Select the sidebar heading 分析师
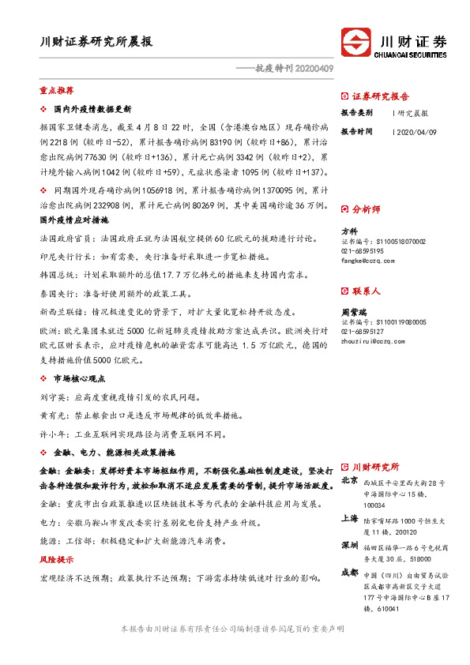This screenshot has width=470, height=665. click(x=366, y=209)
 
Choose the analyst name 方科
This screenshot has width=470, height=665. click(x=349, y=231)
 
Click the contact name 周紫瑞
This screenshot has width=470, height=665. click(x=353, y=312)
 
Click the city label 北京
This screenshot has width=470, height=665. click(x=349, y=479)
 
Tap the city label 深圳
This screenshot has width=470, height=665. click(x=349, y=546)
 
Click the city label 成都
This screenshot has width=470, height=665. click(x=349, y=573)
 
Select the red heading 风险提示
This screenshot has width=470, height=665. click(x=56, y=559)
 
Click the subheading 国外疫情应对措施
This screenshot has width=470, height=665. click(x=73, y=219)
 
